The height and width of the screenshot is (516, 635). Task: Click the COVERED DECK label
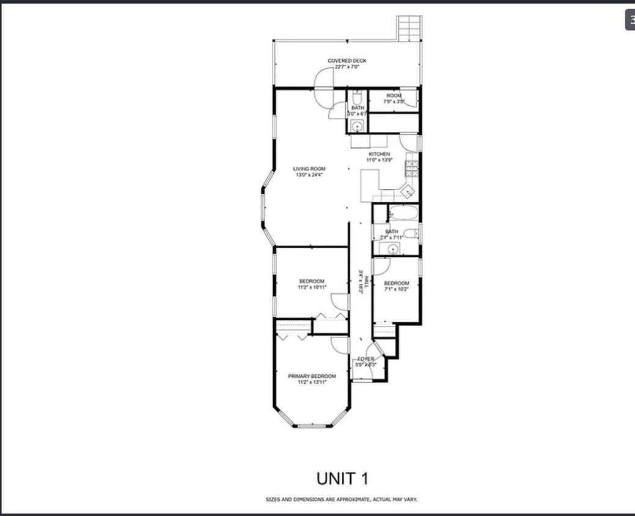(347, 61)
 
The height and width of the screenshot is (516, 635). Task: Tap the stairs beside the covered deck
(409, 28)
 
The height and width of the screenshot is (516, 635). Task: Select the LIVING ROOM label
(309, 169)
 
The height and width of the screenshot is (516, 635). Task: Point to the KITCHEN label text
(379, 154)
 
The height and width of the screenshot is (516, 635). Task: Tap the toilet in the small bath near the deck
(358, 97)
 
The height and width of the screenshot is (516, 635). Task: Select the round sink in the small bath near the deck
(357, 127)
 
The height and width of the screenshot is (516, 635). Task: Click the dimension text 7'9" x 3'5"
(394, 102)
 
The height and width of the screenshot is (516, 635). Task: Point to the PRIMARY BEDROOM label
(312, 376)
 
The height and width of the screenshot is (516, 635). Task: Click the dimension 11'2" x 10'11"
(312, 287)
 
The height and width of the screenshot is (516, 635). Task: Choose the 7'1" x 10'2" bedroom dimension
(396, 289)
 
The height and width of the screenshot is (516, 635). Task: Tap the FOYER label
(365, 359)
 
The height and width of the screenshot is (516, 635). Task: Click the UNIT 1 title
(342, 477)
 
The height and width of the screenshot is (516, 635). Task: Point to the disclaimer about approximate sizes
(342, 499)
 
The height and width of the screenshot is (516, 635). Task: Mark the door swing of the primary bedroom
(340, 345)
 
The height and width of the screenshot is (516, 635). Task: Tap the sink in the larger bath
(389, 248)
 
